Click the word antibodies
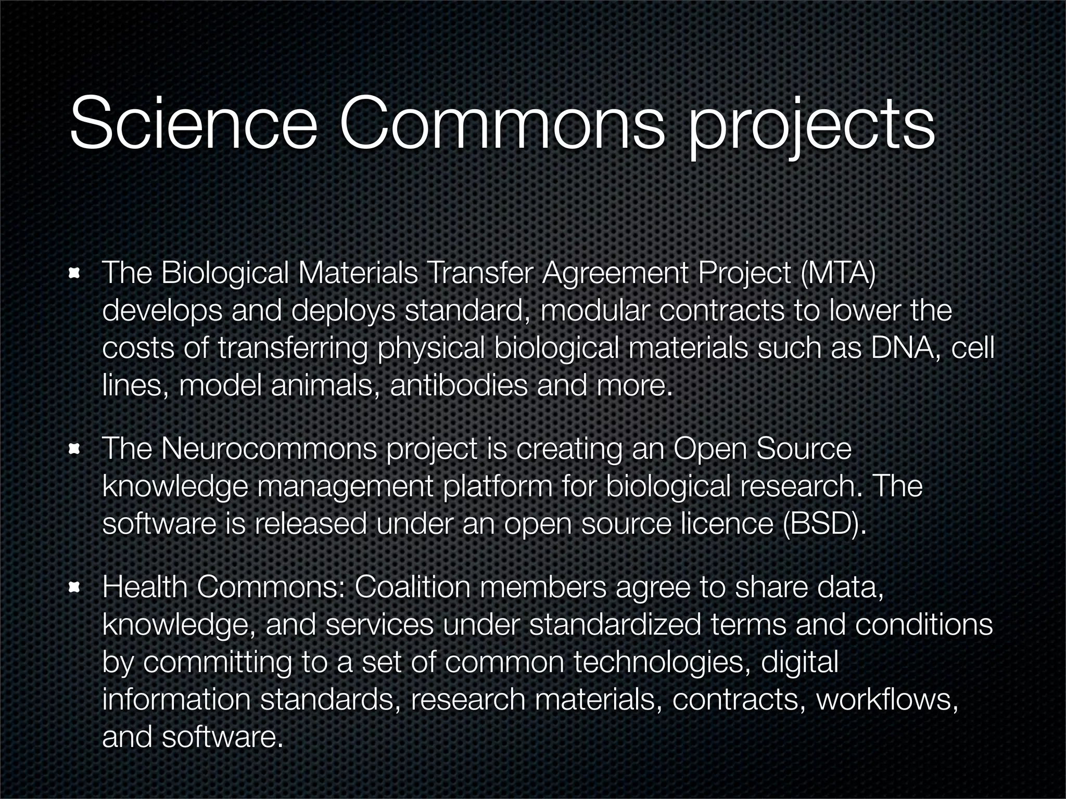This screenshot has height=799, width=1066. pyautogui.click(x=459, y=386)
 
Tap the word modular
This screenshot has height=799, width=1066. pyautogui.click(x=595, y=311)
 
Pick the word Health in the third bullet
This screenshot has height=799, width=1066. pyautogui.click(x=145, y=588)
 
